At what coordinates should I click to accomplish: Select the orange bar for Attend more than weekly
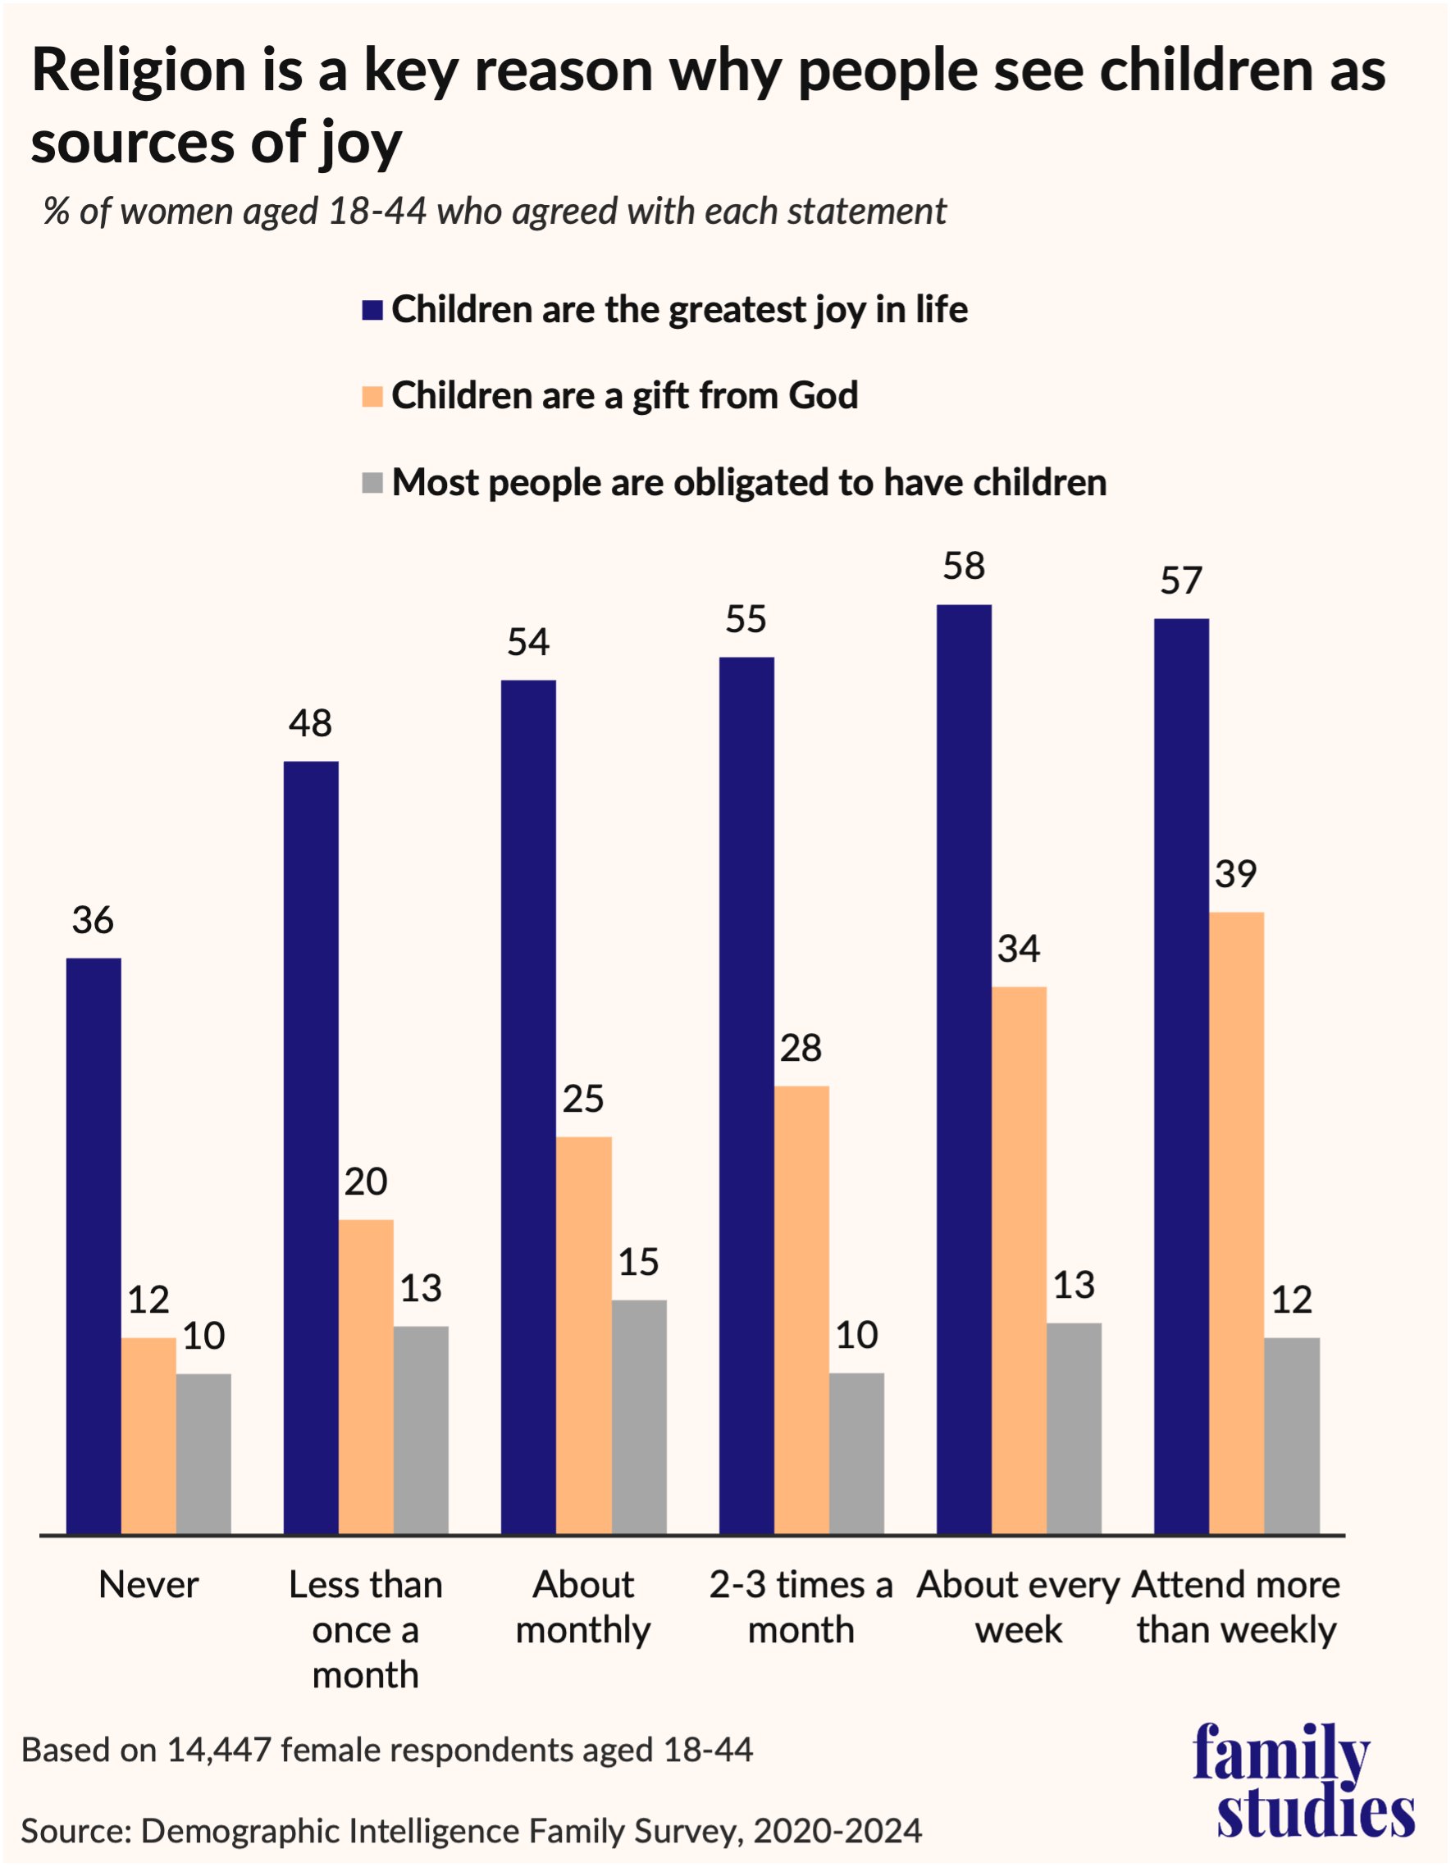[1236, 1223]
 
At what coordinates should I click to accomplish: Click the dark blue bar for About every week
[964, 1068]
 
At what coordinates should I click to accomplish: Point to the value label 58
[964, 567]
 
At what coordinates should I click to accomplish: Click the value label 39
[1235, 875]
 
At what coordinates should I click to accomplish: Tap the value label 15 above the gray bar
[639, 1263]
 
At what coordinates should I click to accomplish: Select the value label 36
[93, 921]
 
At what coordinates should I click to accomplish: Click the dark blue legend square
[372, 310]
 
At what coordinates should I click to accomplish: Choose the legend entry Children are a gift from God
[624, 396]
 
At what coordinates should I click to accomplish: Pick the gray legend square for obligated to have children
[372, 484]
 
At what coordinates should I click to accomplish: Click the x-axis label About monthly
[583, 1607]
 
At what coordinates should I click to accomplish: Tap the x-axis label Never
[148, 1586]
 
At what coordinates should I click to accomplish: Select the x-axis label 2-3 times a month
[801, 1607]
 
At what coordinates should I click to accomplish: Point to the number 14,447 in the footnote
[219, 1750]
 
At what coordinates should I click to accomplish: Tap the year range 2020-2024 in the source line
[837, 1831]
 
